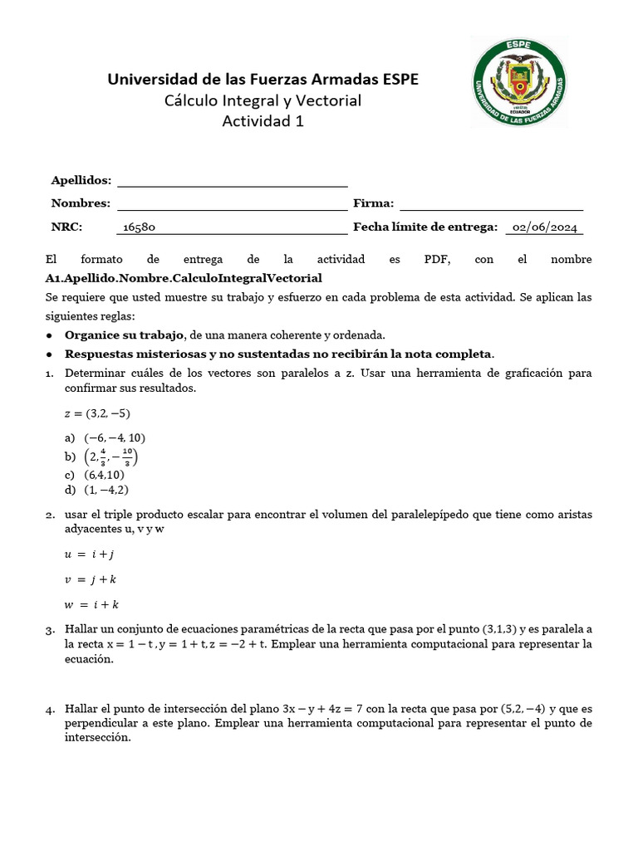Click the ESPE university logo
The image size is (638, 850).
click(x=519, y=84)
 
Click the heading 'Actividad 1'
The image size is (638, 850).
click(x=263, y=121)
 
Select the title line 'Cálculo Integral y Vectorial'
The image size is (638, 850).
click(x=263, y=100)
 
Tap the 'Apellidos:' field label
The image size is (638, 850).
click(x=81, y=180)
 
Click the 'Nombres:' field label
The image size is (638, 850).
click(x=81, y=203)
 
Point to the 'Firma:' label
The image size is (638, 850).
click(x=374, y=203)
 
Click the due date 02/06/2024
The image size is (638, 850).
click(x=545, y=227)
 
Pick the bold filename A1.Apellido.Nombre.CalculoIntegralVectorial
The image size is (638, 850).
click(x=184, y=277)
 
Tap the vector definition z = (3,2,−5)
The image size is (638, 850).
click(x=97, y=413)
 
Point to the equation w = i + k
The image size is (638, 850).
click(x=91, y=604)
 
